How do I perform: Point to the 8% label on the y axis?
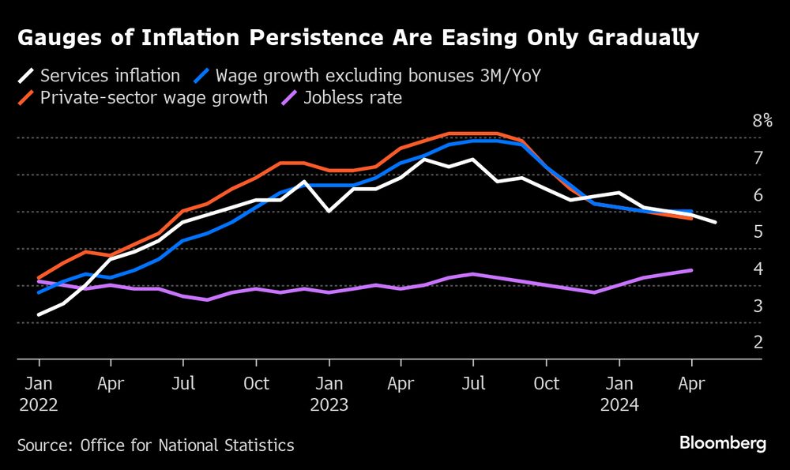click(x=762, y=121)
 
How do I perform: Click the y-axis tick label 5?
click(x=758, y=231)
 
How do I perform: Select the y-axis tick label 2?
click(x=758, y=342)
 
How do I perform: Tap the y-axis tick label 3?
click(x=758, y=305)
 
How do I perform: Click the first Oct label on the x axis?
click(x=256, y=384)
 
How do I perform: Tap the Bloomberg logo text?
click(x=723, y=443)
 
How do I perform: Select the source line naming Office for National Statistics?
click(x=156, y=446)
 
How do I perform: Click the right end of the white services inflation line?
click(x=716, y=223)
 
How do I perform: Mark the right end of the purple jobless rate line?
click(x=692, y=270)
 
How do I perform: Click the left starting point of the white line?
click(x=39, y=315)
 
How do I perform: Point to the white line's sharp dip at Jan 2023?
click(x=329, y=212)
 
